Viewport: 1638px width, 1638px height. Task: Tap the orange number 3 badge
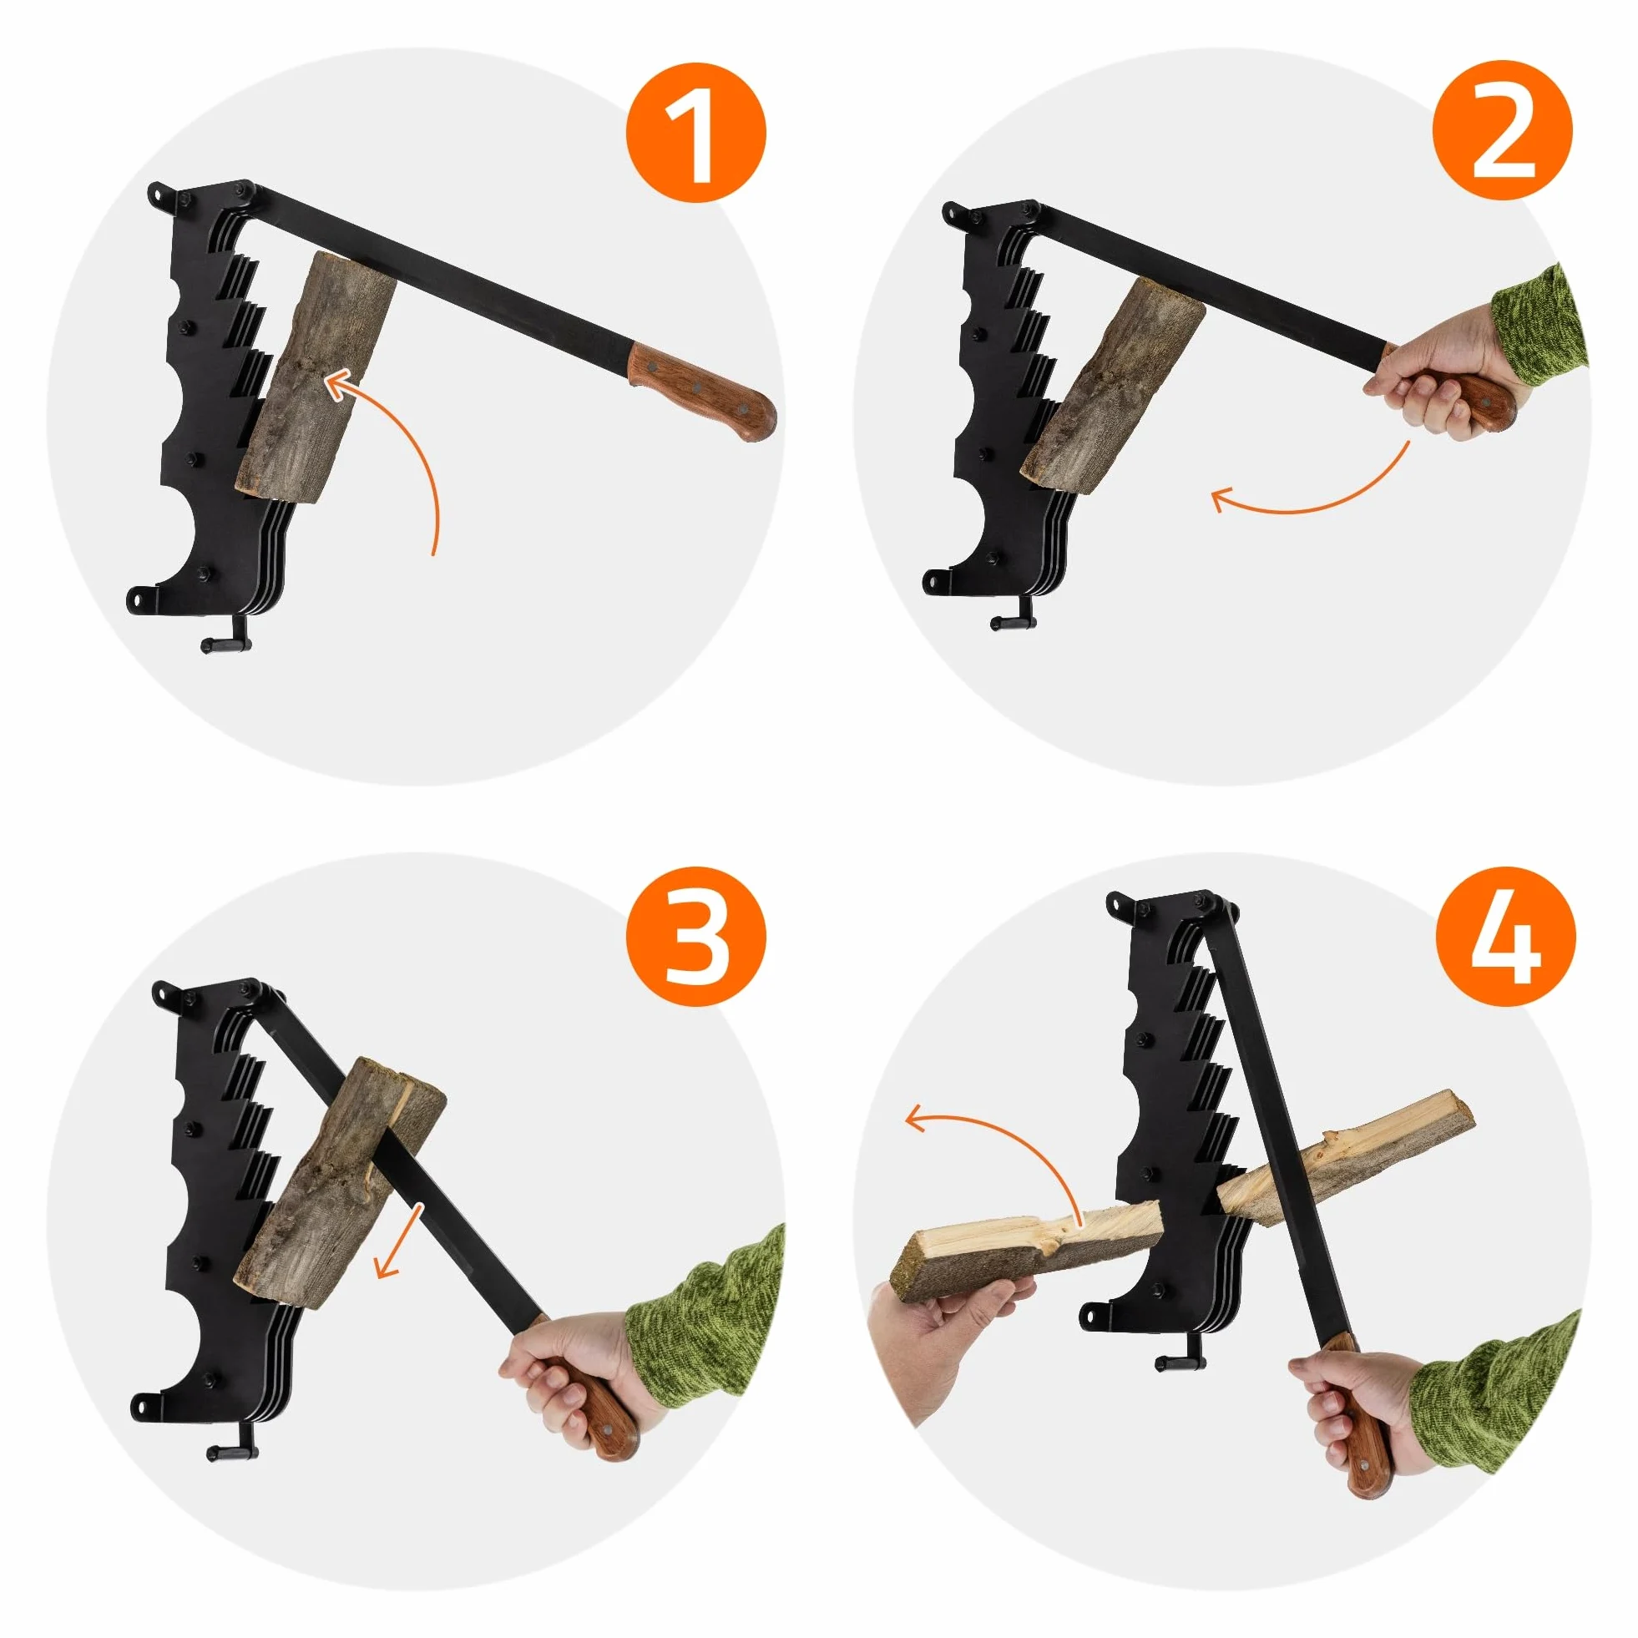(696, 937)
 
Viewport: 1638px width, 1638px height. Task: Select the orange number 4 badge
(1506, 936)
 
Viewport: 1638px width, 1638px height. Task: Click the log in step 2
(1113, 385)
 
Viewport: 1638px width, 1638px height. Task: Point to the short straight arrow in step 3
(398, 1243)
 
